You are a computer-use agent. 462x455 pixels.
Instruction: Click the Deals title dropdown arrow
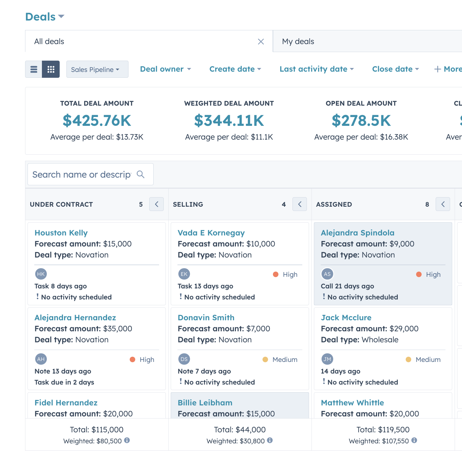tap(61, 16)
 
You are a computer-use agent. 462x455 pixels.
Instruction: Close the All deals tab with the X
tap(261, 42)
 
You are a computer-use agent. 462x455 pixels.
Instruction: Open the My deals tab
tap(298, 41)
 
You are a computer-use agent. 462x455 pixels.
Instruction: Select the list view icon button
tap(34, 69)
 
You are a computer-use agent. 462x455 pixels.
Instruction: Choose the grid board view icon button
tap(51, 69)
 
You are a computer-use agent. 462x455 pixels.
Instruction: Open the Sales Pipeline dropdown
tap(97, 69)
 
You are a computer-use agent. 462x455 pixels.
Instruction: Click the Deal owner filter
tap(166, 69)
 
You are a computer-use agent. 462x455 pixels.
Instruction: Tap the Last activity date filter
tap(317, 69)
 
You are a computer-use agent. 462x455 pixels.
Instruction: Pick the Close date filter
tap(396, 69)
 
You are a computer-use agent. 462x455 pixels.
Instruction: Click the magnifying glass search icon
tap(140, 174)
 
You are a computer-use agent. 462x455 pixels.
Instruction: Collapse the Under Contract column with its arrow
tap(156, 204)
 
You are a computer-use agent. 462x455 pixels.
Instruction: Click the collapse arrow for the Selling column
tap(300, 204)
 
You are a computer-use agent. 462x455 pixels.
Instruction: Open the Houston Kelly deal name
tap(61, 233)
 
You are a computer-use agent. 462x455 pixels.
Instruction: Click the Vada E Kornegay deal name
tap(211, 233)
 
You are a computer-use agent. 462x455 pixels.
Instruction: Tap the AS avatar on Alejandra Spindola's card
tap(327, 274)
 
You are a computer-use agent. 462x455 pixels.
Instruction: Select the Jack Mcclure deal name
tap(346, 318)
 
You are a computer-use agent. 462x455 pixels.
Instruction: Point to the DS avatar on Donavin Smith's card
tap(184, 359)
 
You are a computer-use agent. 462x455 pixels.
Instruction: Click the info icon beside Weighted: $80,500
tap(127, 440)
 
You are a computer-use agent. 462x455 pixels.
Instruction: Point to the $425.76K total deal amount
tap(97, 120)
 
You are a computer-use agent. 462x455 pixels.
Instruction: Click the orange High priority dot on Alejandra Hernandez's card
tap(132, 359)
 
